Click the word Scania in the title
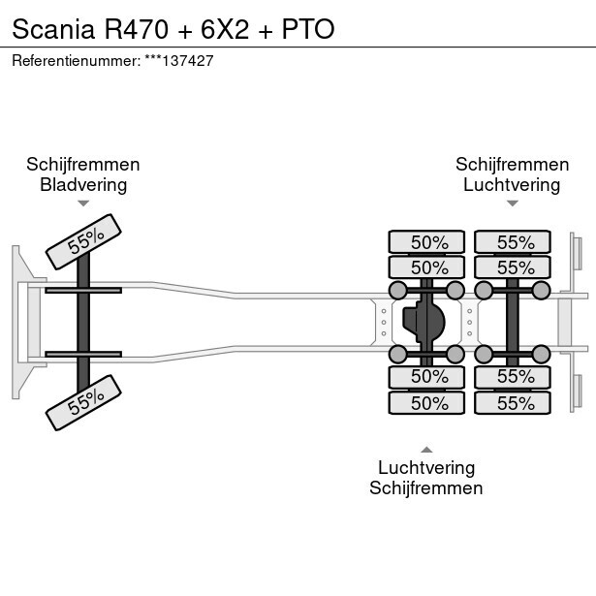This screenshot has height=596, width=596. tap(52, 28)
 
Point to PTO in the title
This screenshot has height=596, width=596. tap(308, 28)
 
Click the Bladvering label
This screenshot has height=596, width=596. tap(83, 185)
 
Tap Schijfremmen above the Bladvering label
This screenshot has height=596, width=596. tap(83, 165)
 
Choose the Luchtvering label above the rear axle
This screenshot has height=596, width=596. tap(512, 185)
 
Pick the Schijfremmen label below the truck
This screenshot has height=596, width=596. tap(426, 488)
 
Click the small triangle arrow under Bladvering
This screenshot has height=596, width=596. tap(83, 204)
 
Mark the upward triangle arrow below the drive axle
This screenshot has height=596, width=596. tap(426, 449)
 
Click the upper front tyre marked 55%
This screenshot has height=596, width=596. tap(85, 242)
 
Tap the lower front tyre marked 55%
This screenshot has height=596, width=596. tap(85, 401)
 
